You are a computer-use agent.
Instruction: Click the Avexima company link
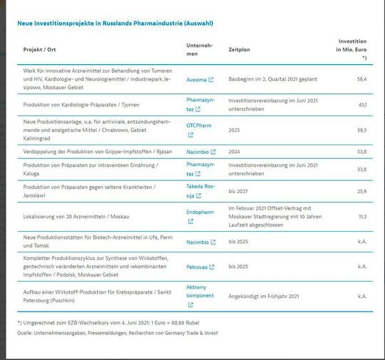196,80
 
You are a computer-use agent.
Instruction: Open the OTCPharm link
199,125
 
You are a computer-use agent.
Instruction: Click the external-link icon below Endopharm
190,221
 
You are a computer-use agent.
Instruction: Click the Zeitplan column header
239,50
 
